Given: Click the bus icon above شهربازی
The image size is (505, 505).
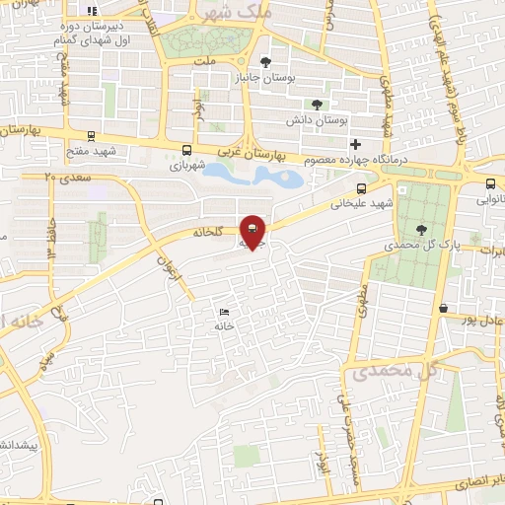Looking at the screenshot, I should tap(187, 150).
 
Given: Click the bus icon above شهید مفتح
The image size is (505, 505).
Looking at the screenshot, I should tap(92, 136).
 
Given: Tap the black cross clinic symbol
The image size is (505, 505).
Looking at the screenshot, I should tap(356, 144).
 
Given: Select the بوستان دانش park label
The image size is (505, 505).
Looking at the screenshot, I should tap(318, 119).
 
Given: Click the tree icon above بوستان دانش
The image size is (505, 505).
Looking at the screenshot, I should tap(317, 105).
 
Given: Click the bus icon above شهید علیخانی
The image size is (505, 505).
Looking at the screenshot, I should tap(362, 188).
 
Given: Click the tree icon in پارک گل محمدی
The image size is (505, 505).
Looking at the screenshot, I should tap(421, 228).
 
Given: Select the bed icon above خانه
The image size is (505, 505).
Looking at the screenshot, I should tap(223, 311).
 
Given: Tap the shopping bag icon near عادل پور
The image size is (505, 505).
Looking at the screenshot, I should tap(445, 307).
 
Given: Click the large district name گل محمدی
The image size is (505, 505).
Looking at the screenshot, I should tap(387, 373).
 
